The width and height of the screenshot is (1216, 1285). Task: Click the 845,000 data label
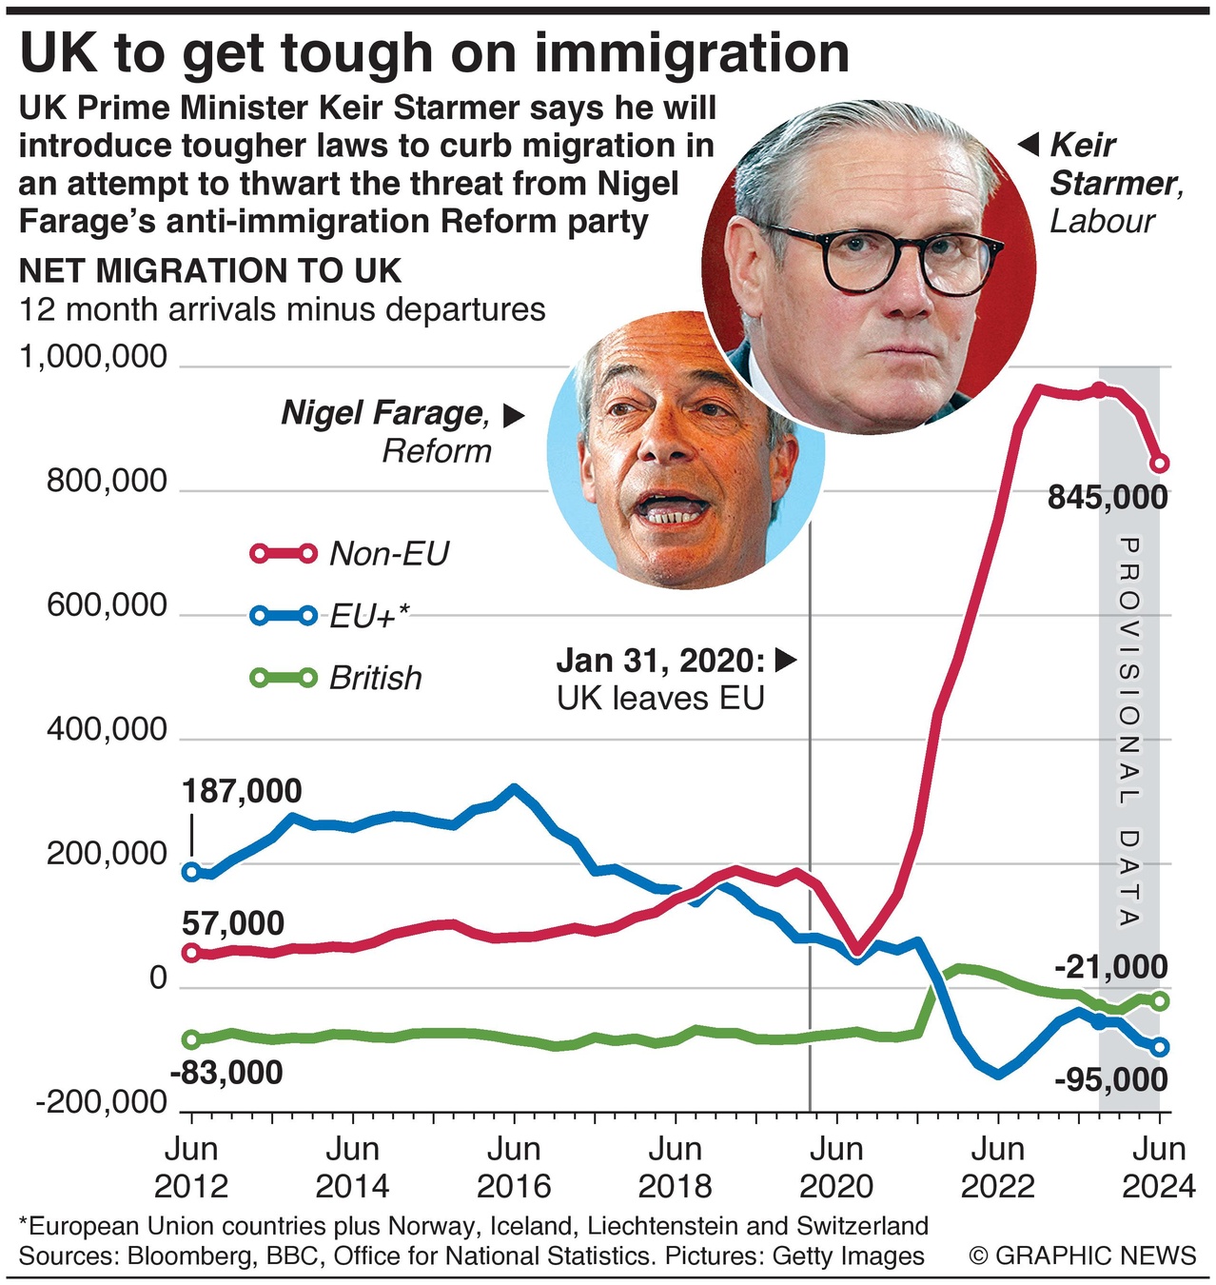(1108, 498)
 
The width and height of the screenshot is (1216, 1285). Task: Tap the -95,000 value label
(1111, 1080)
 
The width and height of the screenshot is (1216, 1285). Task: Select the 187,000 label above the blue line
(242, 791)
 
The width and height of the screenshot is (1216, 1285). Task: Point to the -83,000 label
(226, 1073)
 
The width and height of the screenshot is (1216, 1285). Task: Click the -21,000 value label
(1111, 967)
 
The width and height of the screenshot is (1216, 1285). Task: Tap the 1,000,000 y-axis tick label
(93, 357)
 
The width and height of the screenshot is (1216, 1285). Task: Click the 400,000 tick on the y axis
(107, 730)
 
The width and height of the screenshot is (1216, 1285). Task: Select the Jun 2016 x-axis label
(514, 1167)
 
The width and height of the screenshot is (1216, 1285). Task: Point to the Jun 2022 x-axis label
(997, 1167)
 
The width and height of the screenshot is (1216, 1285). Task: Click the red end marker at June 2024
(1159, 464)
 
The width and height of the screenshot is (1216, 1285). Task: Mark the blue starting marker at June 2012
(191, 871)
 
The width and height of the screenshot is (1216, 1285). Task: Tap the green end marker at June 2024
(1160, 1001)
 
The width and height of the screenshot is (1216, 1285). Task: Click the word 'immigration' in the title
(693, 53)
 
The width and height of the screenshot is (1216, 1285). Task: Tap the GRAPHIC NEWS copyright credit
(1083, 1255)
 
